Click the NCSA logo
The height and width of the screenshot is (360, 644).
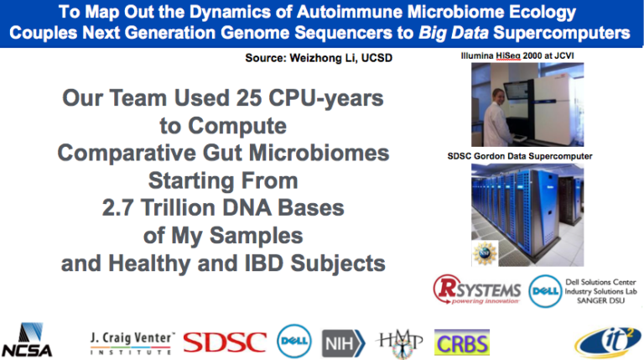pyautogui.click(x=27, y=340)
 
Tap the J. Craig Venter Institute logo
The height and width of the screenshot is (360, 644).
pyautogui.click(x=132, y=343)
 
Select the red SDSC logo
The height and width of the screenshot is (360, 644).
pyautogui.click(x=225, y=342)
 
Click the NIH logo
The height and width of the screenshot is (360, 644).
pyautogui.click(x=343, y=342)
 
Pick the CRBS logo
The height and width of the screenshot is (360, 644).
pyautogui.click(x=462, y=342)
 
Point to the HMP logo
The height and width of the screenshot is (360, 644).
pyautogui.click(x=400, y=343)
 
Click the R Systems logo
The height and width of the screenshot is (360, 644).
pyautogui.click(x=477, y=290)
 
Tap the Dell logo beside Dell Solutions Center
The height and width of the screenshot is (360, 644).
pyautogui.click(x=545, y=291)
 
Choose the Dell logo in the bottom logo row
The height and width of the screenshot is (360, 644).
pyautogui.click(x=294, y=341)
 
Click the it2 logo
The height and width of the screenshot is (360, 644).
pyautogui.click(x=608, y=342)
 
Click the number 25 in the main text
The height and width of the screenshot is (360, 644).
pyautogui.click(x=249, y=98)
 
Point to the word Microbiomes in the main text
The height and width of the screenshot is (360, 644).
pyautogui.click(x=319, y=153)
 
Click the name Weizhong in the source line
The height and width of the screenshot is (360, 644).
pyautogui.click(x=315, y=58)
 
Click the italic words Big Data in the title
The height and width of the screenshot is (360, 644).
pyautogui.click(x=454, y=33)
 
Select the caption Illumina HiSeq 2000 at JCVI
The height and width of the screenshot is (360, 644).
pyautogui.click(x=517, y=56)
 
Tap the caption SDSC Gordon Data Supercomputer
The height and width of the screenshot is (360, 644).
pyautogui.click(x=520, y=156)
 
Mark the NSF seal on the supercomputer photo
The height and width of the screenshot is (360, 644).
pyautogui.click(x=485, y=253)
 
